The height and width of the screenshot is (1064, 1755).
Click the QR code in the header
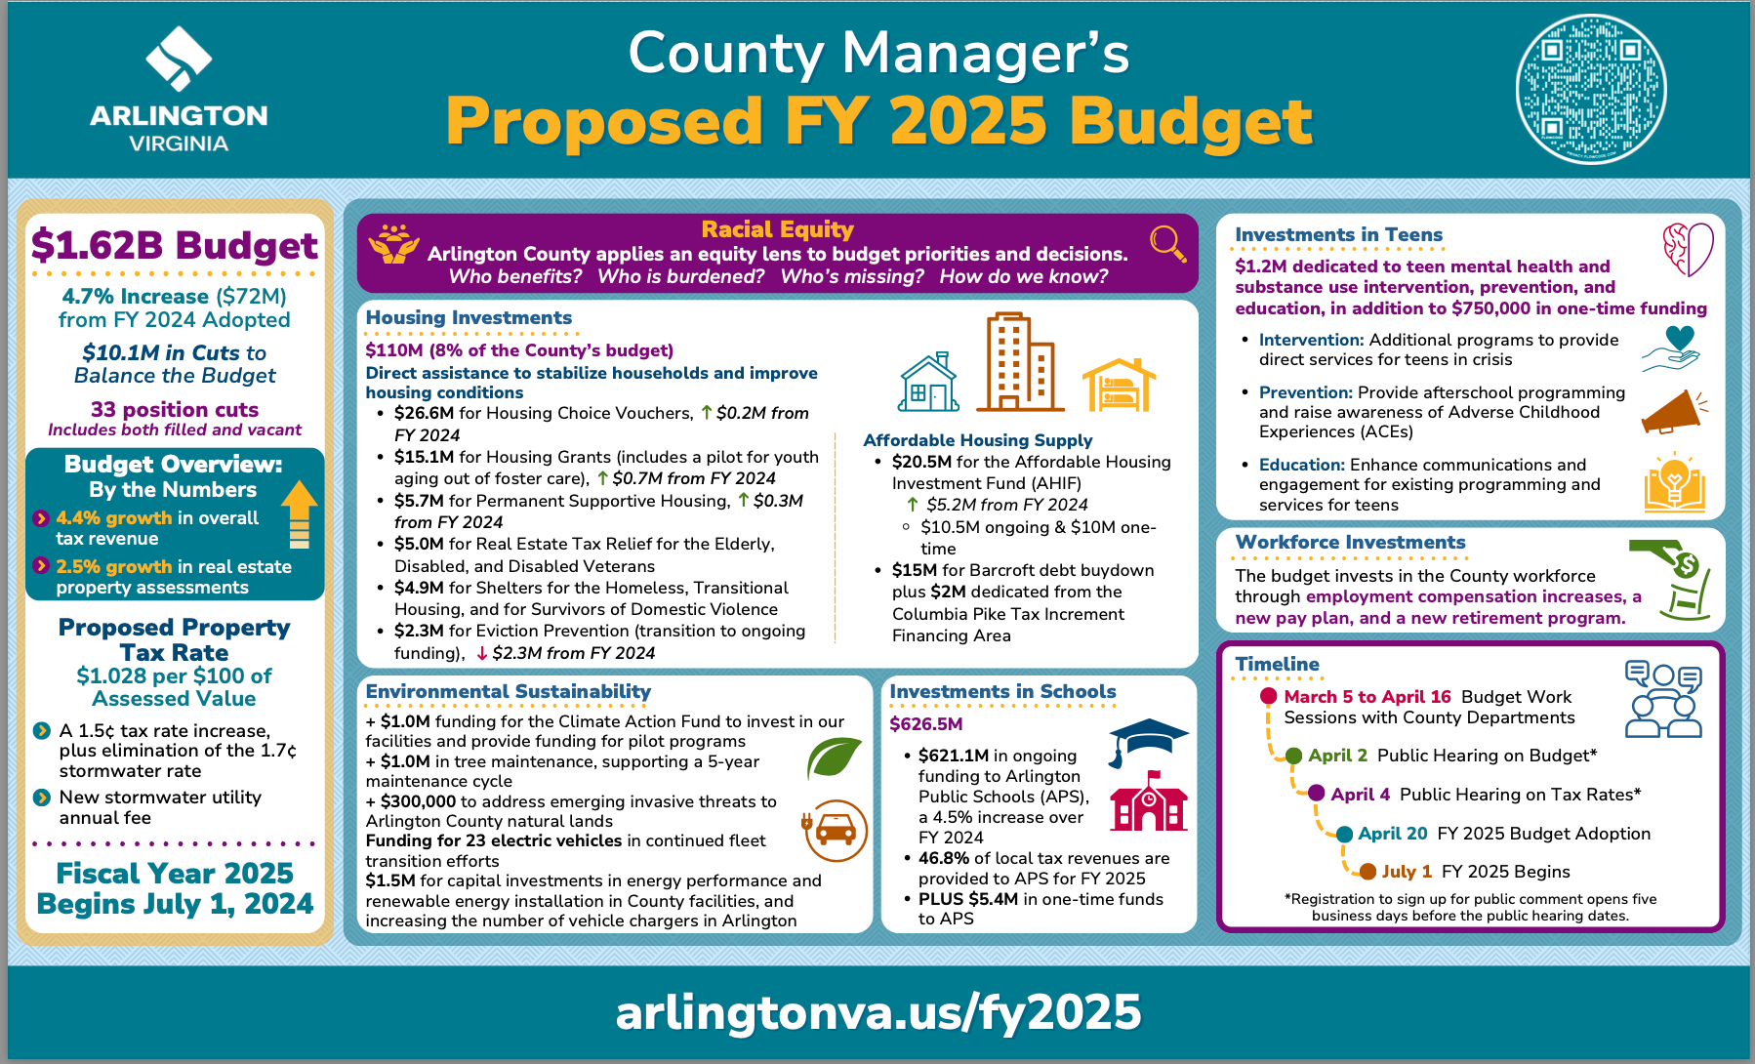coord(1590,89)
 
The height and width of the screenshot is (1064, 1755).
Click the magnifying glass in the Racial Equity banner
coord(1167,242)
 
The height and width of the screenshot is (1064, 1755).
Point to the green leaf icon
coord(834,757)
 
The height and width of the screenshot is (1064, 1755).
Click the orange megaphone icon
coord(1673,412)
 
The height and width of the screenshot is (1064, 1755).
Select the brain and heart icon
coord(1688,249)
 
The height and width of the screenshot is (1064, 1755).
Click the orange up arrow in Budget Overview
coord(300,513)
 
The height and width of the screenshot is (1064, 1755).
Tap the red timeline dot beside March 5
coord(1268,696)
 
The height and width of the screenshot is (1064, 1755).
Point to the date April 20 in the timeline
coord(1392,834)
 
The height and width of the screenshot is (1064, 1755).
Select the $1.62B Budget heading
coord(175,245)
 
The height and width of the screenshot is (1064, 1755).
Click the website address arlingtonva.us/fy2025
coord(877,1012)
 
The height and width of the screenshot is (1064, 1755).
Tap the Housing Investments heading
coord(469,317)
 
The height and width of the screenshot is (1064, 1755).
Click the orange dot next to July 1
coord(1367,872)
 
